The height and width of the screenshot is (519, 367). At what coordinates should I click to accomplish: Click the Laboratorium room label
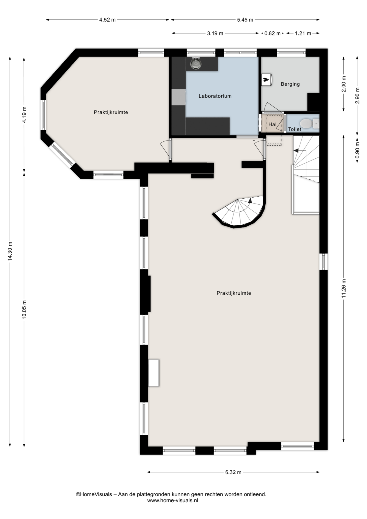click(215, 96)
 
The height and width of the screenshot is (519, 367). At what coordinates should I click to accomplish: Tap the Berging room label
click(290, 84)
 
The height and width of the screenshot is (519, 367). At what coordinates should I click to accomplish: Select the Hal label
click(272, 124)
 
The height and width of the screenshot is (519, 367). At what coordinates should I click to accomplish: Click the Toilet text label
click(295, 129)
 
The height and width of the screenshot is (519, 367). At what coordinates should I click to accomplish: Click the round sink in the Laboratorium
click(196, 64)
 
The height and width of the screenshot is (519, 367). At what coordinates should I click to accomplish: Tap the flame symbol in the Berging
click(266, 79)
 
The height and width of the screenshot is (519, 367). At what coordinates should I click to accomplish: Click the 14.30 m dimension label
click(10, 251)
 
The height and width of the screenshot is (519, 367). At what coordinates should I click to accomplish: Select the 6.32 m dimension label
click(233, 472)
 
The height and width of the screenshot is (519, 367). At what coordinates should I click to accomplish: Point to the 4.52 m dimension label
click(107, 20)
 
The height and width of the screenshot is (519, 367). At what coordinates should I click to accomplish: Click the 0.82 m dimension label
click(272, 33)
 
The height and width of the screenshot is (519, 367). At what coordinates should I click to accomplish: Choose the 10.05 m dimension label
click(24, 310)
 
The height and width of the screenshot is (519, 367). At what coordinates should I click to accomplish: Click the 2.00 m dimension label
click(344, 84)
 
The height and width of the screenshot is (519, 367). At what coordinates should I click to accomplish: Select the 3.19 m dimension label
click(215, 33)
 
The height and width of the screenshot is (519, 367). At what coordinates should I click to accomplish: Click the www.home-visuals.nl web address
click(173, 500)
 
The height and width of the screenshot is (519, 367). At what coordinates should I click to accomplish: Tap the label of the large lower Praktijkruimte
click(234, 293)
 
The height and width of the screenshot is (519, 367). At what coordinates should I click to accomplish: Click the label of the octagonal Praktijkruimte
click(111, 112)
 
